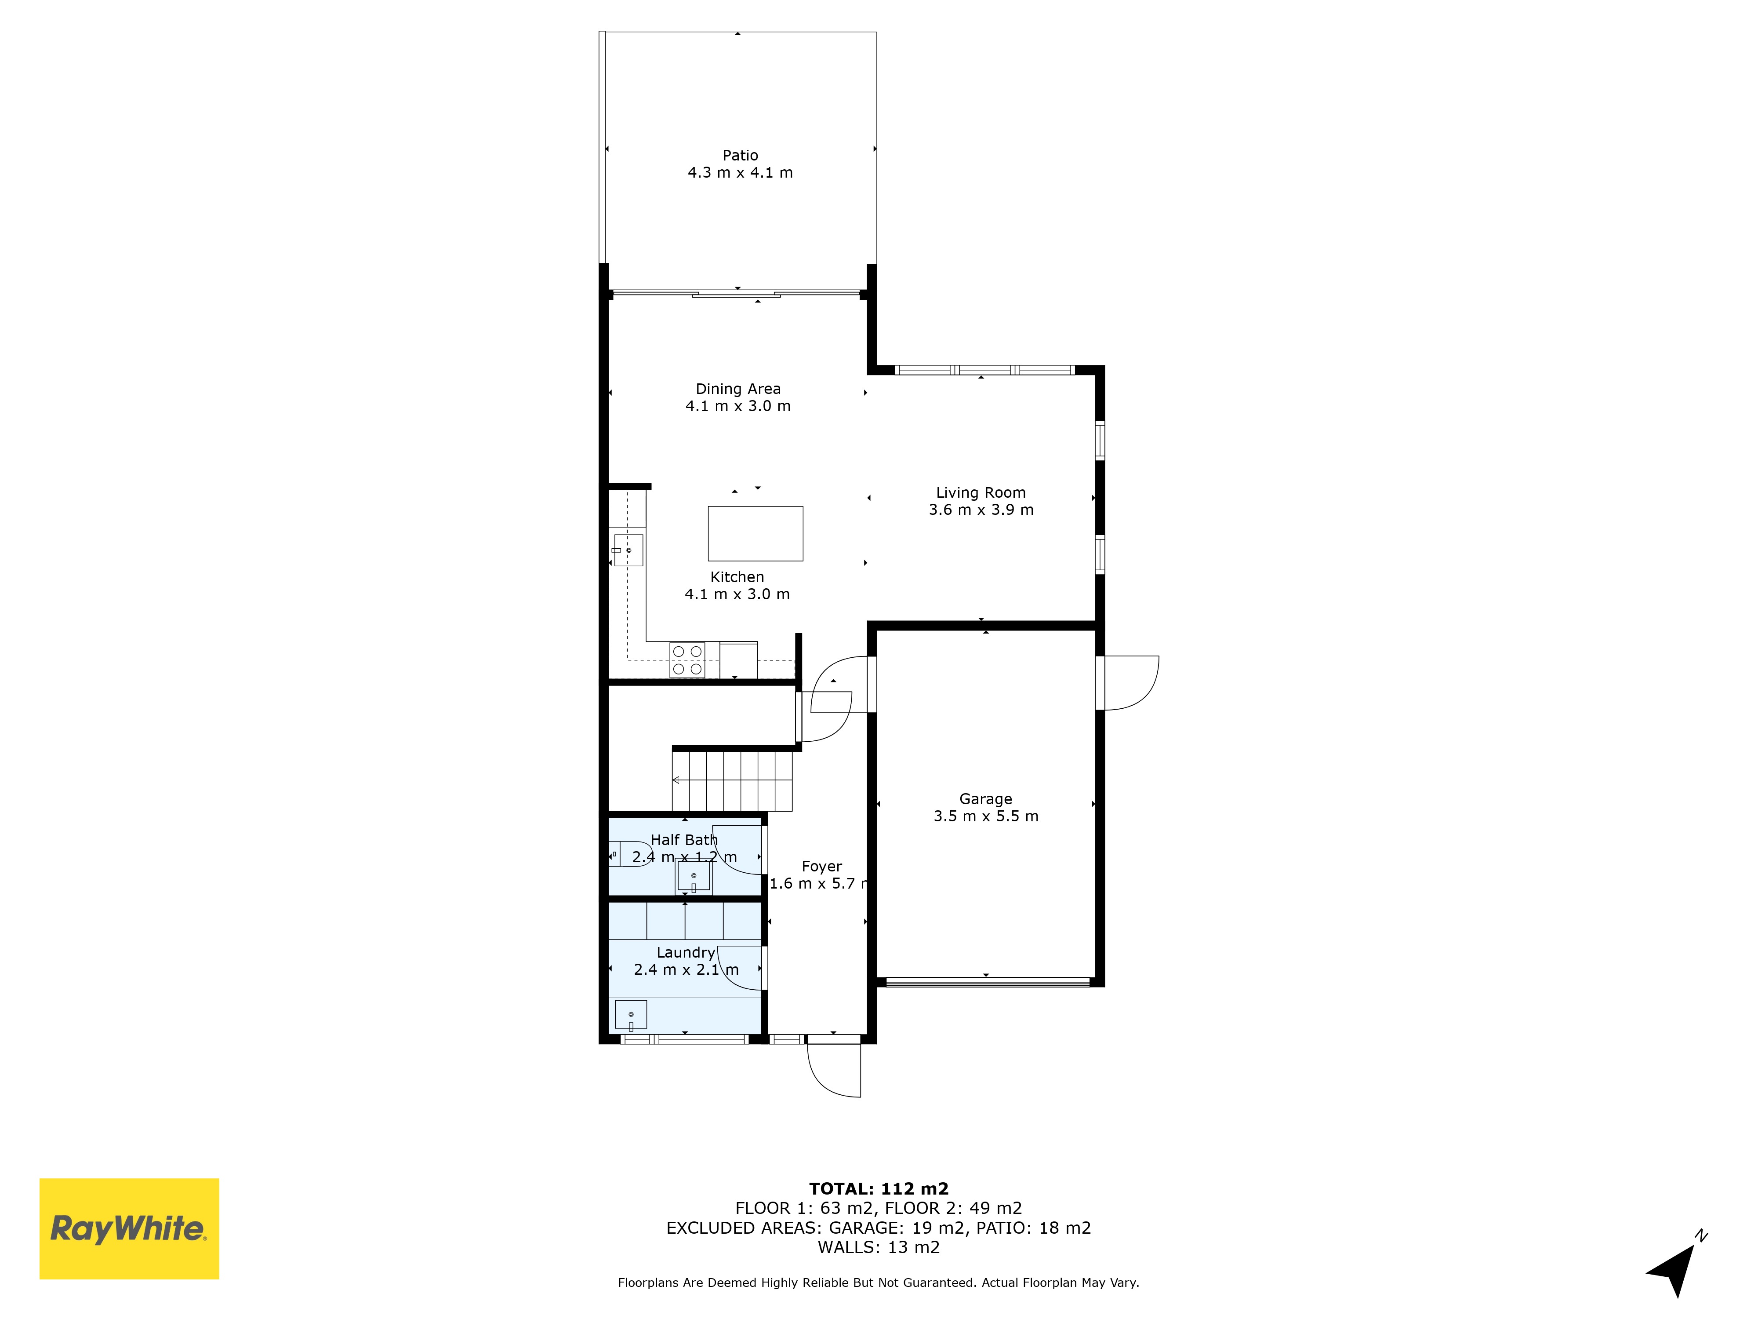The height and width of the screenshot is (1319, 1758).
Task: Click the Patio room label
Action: (740, 156)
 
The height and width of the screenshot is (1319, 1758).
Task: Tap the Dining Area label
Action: (738, 389)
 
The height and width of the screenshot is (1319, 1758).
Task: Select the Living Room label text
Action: (981, 493)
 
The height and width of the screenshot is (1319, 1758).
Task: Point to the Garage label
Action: (985, 799)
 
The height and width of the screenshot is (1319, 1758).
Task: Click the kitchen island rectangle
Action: (755, 533)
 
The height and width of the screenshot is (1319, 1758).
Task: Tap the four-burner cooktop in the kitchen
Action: (686, 660)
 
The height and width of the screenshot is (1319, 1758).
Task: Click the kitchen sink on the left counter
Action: (628, 550)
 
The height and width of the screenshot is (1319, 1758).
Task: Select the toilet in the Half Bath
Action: (630, 854)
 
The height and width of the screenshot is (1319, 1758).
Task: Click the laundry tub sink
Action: (631, 1015)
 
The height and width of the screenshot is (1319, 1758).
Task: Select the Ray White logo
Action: (130, 1228)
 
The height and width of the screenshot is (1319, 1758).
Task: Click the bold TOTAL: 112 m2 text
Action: (879, 1188)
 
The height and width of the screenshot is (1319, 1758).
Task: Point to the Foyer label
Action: (822, 867)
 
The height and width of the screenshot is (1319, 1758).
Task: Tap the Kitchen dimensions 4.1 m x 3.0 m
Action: (737, 594)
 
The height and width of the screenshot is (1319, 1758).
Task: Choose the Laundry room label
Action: (686, 952)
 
